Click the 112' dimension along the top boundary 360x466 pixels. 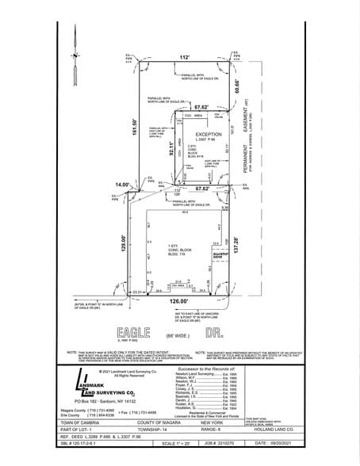183,57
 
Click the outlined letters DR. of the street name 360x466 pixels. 213,332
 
